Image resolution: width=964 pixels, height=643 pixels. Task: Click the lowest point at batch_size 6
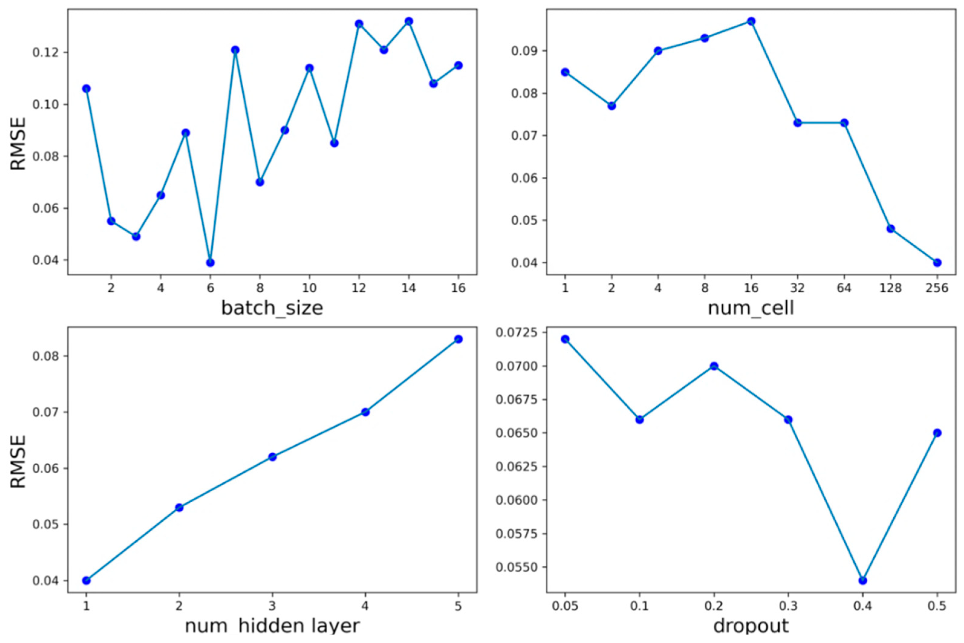[x=210, y=262]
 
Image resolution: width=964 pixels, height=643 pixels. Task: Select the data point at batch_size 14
[x=409, y=21]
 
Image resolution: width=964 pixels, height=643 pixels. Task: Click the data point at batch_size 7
[x=235, y=50]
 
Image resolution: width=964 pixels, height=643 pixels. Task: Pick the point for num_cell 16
[x=751, y=21]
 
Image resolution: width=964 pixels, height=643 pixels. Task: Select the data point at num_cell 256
[x=937, y=262]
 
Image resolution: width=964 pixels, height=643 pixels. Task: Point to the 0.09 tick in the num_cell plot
[x=523, y=51]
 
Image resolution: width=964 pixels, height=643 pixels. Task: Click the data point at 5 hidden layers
[x=458, y=339]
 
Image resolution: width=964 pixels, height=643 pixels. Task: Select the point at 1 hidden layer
[x=86, y=580]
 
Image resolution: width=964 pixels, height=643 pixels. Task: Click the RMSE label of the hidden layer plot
[x=18, y=461]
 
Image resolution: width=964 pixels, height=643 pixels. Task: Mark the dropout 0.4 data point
[x=863, y=580]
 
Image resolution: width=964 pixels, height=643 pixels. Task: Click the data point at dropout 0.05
[x=565, y=339]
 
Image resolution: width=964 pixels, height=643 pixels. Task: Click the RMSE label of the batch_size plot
[x=18, y=143]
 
